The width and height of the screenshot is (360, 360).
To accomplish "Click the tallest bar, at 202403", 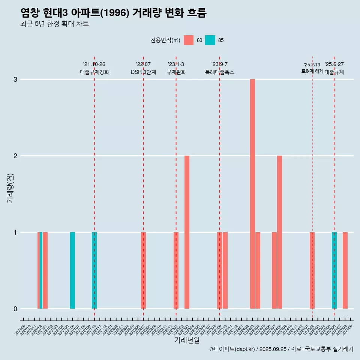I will pos(252,194).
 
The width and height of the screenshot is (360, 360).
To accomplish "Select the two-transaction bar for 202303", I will pos(187,232).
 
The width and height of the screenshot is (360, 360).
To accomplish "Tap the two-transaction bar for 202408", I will pos(279,232).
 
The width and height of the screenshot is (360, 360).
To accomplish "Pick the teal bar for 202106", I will pos(72,270).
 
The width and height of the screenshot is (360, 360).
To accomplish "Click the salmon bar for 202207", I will pos(143,270).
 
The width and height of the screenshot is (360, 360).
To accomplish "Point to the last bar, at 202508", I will pos(345,270).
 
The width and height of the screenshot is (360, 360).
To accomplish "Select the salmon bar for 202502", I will pos(312,270).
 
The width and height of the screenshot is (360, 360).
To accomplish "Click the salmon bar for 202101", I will pos(45,270).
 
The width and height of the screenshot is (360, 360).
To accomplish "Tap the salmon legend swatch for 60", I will pos(189,40).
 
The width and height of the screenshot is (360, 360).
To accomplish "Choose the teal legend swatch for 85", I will pos(210,40).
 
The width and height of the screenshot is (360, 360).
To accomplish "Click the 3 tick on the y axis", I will pos(15,79).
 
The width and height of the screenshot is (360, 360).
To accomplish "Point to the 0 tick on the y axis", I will pos(15,309).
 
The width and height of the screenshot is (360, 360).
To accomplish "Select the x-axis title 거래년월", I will pos(187,340).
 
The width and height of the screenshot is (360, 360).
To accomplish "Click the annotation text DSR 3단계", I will pos(143,72).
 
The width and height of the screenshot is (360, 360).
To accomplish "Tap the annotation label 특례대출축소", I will pos(220,72).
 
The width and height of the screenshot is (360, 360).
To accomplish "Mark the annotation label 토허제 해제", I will pos(312,71).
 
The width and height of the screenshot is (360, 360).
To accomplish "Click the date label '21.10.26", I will pos(94,64).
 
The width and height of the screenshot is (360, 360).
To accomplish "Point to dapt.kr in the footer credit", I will pos(244,349).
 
